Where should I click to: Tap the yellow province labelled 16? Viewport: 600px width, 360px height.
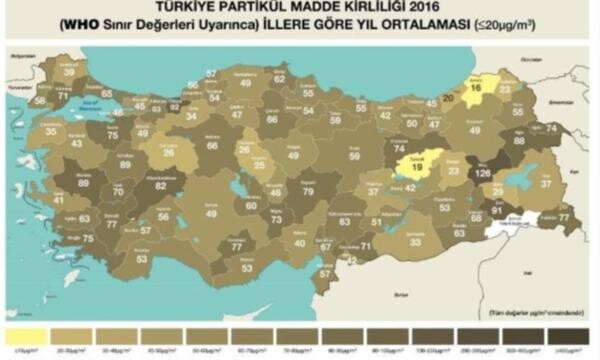[x=476, y=89]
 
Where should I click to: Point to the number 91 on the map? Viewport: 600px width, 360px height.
[x=496, y=210]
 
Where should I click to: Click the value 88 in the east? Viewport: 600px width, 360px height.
[x=518, y=141]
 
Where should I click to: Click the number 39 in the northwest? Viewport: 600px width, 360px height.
[x=69, y=72]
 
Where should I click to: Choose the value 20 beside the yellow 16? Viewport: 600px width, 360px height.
[x=447, y=99]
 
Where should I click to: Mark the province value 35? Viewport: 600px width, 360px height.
[x=51, y=131]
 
